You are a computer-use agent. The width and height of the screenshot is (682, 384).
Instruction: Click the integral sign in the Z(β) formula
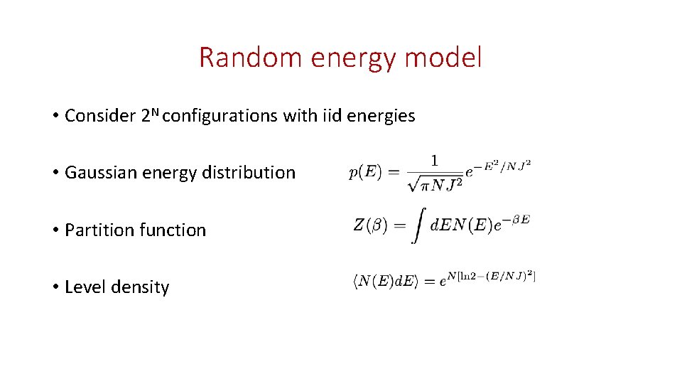(x=416, y=226)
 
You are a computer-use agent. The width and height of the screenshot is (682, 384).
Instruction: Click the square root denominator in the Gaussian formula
(x=434, y=183)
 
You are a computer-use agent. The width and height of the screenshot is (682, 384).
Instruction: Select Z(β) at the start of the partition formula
(x=369, y=225)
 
